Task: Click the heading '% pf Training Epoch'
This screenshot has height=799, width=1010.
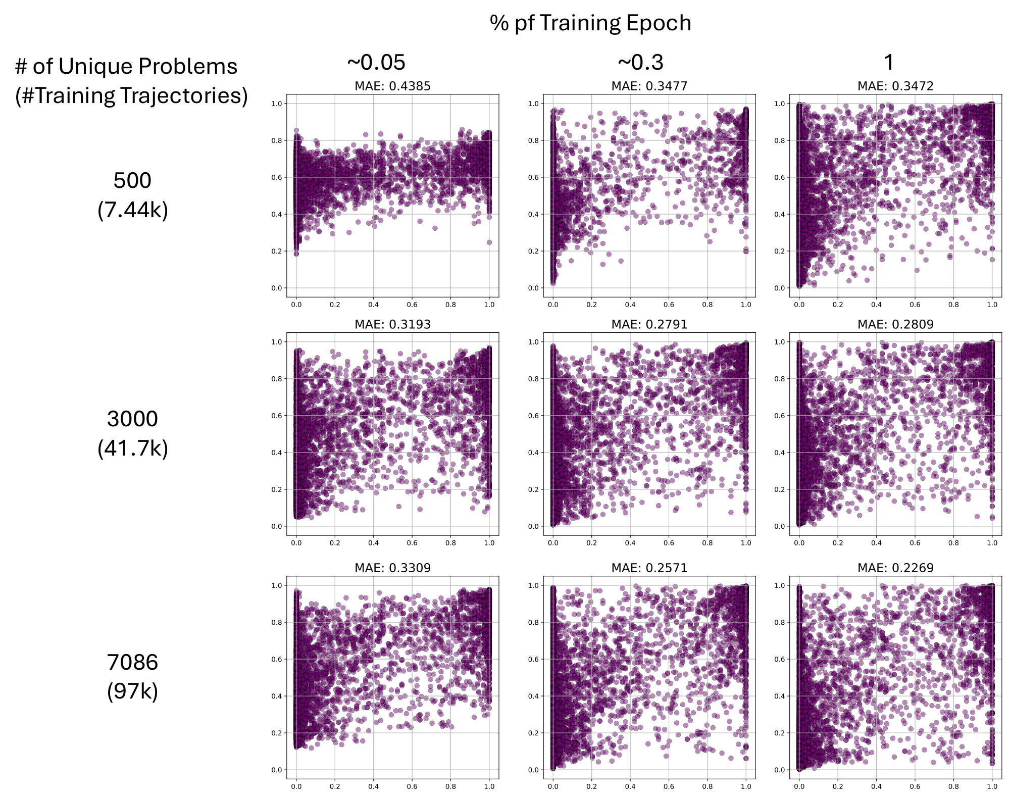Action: pos(590,23)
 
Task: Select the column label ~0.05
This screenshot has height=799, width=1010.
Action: pos(376,63)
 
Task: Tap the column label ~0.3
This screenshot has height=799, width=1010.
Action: pos(640,63)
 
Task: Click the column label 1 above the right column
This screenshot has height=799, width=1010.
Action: pos(889,63)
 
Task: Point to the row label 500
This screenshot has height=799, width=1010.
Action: pos(132,181)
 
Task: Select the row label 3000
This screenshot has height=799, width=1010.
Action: pos(132,419)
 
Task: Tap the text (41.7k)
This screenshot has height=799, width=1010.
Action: pos(132,448)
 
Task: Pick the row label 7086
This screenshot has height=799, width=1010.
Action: pos(132,662)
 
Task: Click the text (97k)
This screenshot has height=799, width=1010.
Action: pos(132,691)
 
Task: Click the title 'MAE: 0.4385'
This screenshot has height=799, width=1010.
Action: pos(392,86)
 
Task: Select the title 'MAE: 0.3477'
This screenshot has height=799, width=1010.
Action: pos(649,86)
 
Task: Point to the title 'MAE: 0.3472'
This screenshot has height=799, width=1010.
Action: pos(895,86)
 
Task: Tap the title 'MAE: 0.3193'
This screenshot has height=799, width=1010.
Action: pos(392,324)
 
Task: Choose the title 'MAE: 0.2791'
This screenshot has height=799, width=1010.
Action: pos(649,324)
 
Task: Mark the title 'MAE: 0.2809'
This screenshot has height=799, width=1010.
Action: pos(895,324)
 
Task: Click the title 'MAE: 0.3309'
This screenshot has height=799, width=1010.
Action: pos(392,568)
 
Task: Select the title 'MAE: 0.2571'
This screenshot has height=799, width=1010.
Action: pos(649,568)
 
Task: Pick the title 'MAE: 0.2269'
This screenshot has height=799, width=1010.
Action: pos(895,568)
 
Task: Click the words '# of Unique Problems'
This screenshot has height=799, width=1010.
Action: pos(126,67)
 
